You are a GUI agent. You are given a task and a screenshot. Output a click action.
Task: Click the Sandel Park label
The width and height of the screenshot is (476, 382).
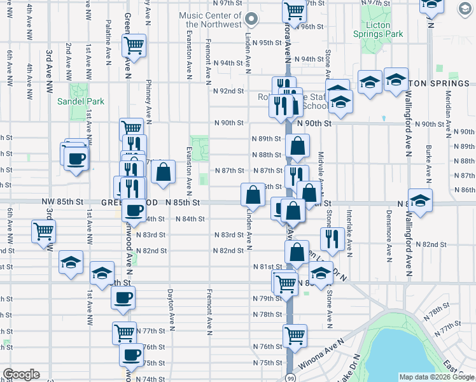coord(89,101)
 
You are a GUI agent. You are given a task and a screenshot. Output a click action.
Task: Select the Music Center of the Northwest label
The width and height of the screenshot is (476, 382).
coord(211,20)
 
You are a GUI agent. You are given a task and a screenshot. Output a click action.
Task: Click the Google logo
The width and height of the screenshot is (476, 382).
coord(21,374)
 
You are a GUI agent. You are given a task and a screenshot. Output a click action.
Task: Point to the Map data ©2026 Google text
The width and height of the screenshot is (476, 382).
coord(436,377)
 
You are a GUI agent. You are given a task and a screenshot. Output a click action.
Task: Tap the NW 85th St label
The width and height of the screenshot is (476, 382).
coord(63,202)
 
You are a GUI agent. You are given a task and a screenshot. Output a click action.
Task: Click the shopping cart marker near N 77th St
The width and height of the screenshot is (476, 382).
coord(124,332)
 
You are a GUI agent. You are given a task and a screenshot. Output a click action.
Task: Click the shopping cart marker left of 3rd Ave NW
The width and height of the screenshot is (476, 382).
coord(43,230)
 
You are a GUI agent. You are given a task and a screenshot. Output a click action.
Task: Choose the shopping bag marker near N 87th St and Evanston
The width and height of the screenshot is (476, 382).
coord(164,171)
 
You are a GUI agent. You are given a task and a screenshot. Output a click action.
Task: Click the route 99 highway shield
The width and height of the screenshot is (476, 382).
coord(290,377)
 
